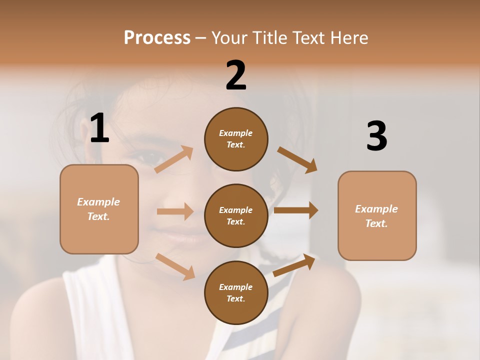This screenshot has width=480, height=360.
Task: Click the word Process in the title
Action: (157, 37)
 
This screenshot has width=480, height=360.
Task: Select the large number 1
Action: (99, 128)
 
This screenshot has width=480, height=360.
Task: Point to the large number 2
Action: (236, 75)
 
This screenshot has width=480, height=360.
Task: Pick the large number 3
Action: (377, 136)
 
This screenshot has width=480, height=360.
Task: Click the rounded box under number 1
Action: (99, 209)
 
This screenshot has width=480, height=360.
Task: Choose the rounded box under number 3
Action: (377, 215)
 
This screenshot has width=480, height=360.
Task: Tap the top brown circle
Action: (236, 139)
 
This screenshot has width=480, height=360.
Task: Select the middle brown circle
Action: (236, 215)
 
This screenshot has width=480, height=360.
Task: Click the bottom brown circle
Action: (236, 292)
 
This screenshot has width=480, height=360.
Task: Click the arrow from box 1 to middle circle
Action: (175, 211)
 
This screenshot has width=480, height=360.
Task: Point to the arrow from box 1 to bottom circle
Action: (175, 266)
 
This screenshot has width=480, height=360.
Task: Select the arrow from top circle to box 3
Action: (297, 160)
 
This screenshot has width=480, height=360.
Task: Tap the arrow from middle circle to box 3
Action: (296, 210)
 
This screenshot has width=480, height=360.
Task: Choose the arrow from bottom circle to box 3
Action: (294, 265)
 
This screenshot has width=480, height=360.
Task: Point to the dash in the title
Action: (201, 38)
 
